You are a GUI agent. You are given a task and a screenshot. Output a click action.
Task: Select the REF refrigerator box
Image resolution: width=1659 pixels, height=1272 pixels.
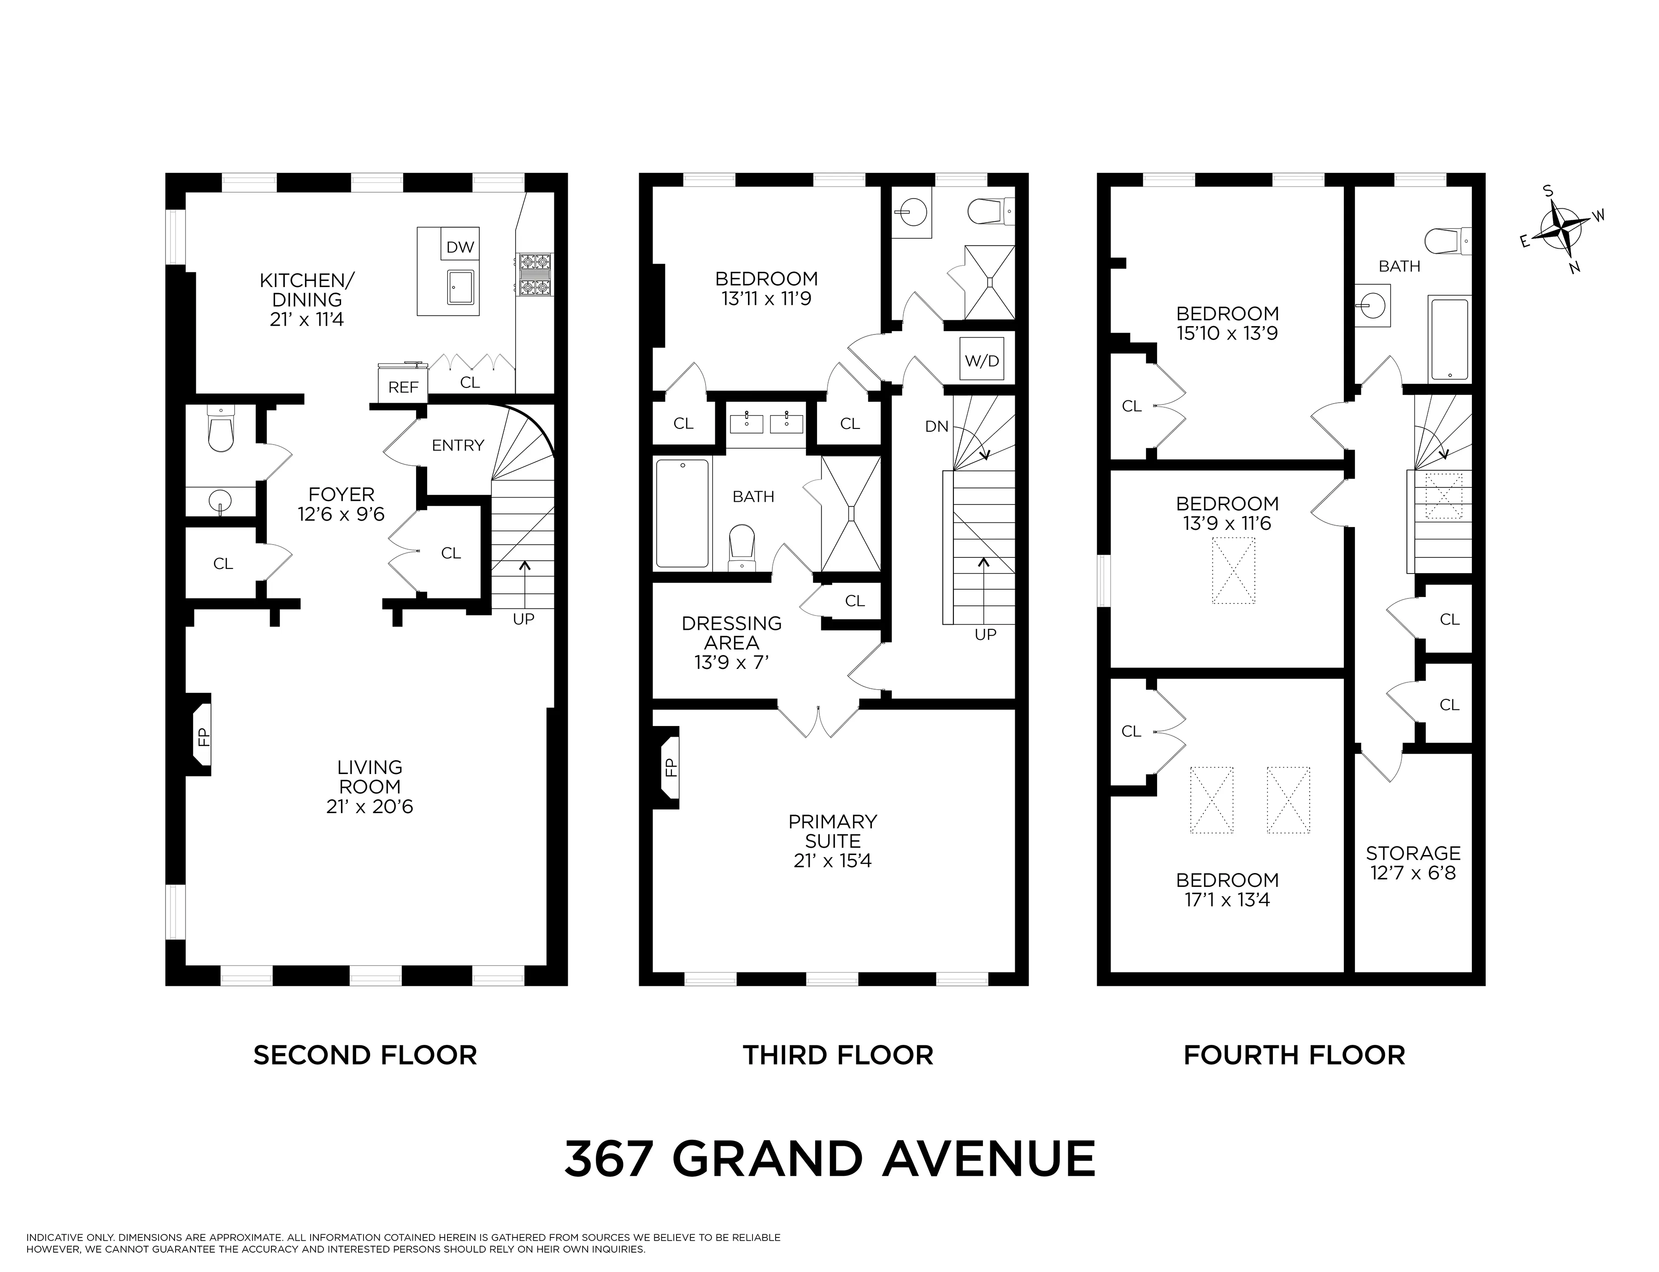click(403, 387)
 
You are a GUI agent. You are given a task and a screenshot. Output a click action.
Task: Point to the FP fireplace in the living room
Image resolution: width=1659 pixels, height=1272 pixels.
click(201, 735)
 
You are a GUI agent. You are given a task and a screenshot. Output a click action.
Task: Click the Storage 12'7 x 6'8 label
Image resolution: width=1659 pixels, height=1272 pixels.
click(1413, 862)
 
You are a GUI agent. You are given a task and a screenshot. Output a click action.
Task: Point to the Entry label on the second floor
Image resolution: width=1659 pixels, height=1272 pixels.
click(457, 445)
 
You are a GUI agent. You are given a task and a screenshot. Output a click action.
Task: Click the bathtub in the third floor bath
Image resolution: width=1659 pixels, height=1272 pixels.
click(682, 513)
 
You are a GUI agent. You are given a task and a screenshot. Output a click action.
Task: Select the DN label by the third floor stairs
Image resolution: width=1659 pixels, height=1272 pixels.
click(936, 426)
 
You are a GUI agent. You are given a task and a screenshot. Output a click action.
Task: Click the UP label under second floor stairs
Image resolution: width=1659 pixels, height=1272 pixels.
click(523, 619)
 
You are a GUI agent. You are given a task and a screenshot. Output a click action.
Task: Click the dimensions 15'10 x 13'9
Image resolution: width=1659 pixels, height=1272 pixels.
click(1227, 333)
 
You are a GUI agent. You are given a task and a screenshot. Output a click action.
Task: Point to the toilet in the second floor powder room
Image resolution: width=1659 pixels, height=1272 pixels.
click(220, 432)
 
